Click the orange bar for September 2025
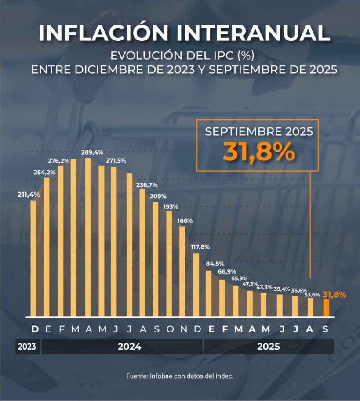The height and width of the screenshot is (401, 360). pos(326,307)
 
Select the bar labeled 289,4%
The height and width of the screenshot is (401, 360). pos(87,237)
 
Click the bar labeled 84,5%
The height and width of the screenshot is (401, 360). pos(209,293)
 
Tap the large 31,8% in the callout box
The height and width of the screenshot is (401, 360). pos(258,152)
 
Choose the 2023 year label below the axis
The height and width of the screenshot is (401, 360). pos(27,347)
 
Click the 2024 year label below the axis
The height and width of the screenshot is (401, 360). pos(129,347)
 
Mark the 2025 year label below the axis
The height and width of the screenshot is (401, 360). pos(269,347)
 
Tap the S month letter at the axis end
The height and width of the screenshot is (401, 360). pos(326,329)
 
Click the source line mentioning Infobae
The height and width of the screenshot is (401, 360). pos(180,376)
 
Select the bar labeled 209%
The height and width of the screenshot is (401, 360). pos(156,259)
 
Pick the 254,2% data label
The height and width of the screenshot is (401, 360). pos(44,172)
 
